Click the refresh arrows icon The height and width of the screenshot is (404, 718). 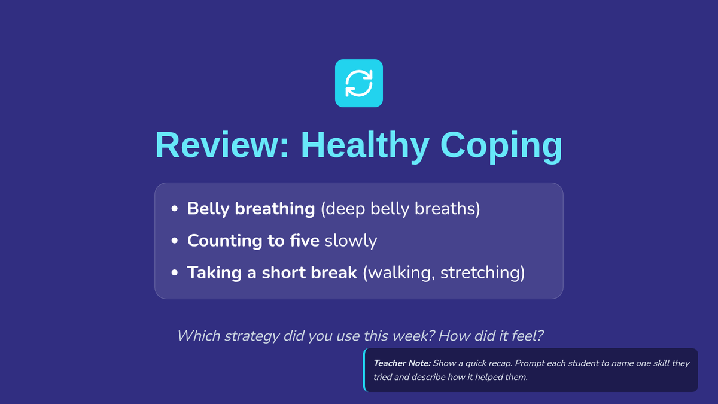[x=359, y=83]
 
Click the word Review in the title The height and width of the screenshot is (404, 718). [x=222, y=145]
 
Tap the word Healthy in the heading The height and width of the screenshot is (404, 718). [x=365, y=145]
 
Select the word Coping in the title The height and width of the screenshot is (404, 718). [x=501, y=147]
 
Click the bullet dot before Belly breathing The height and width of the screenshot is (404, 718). [x=174, y=209]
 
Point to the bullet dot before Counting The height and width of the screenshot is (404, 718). [x=174, y=241]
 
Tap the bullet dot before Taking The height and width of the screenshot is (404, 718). [x=174, y=272]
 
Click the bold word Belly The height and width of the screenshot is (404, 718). [x=208, y=209]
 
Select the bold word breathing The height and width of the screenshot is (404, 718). [x=275, y=209]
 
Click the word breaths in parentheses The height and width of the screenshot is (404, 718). [x=447, y=209]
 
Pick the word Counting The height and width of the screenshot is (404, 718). [x=225, y=241]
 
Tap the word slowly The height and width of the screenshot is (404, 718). [x=351, y=241]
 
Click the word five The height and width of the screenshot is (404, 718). [x=305, y=241]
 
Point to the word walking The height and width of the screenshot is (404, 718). [x=399, y=273]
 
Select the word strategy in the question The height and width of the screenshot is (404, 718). [x=252, y=336]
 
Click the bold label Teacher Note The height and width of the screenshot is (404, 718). [x=402, y=363]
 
